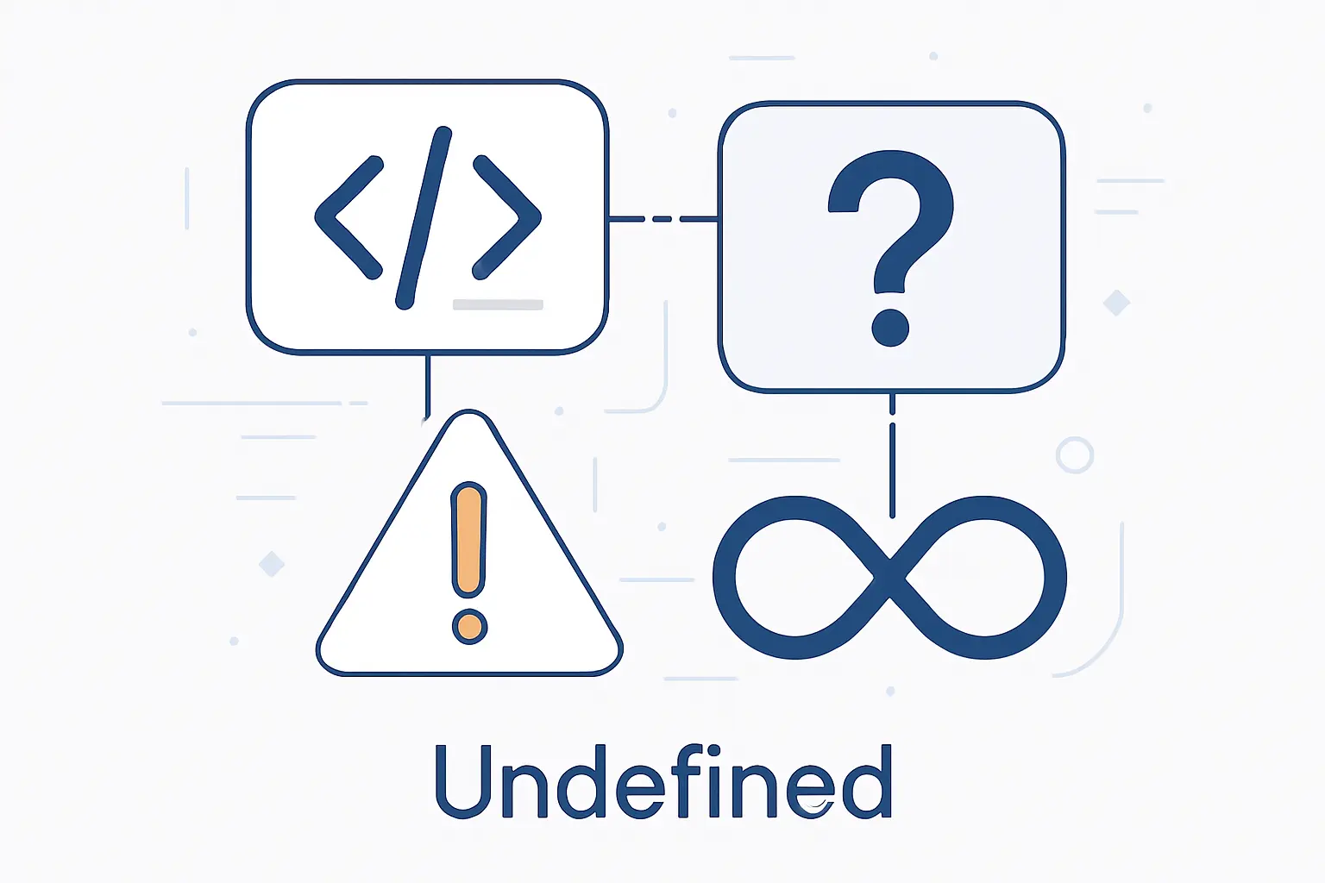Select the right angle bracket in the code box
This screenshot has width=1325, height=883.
coord(507,217)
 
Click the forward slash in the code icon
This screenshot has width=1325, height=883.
coord(424,217)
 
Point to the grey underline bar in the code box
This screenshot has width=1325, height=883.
coord(498,304)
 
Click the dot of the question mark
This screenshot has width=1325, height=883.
coord(890,328)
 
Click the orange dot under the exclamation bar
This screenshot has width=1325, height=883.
coord(469,626)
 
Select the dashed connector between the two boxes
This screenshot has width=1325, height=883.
coord(663,219)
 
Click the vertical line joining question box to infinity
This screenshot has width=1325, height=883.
coord(893,456)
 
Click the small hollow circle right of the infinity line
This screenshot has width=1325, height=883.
coord(1075,454)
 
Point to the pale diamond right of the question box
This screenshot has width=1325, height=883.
coord(1117,303)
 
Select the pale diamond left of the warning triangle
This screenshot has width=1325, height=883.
coord(272,564)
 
